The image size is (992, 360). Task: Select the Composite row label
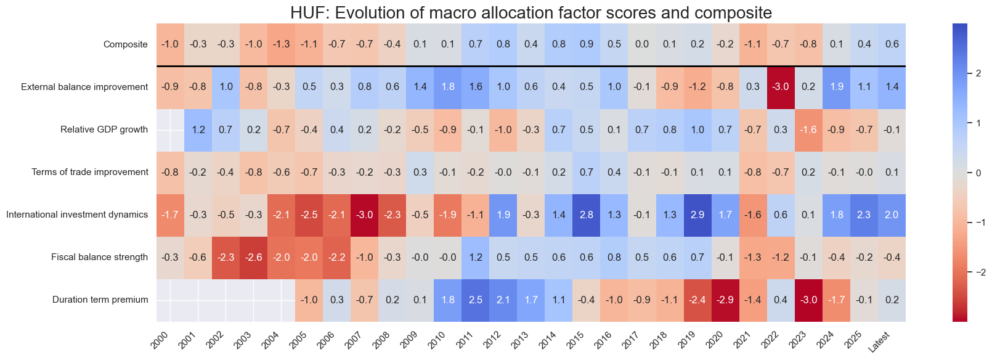tap(126, 44)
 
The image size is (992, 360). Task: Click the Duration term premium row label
tap(100, 300)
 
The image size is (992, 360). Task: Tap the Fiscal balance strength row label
tap(99, 257)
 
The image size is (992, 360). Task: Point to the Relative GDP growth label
tap(104, 129)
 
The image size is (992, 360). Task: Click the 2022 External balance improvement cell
tap(780, 87)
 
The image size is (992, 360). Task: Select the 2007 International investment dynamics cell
tap(365, 215)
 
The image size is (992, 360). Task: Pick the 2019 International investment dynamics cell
tap(697, 215)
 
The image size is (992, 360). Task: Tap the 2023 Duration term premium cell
tap(808, 300)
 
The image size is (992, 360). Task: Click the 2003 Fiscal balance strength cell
tap(253, 257)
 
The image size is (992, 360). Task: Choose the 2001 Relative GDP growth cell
tap(198, 129)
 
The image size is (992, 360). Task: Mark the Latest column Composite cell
tap(892, 44)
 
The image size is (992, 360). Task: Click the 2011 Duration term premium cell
tap(476, 300)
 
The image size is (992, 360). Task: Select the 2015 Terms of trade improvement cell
tap(586, 172)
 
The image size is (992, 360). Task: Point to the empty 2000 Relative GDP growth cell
tap(170, 129)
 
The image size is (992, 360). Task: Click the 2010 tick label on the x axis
tap(439, 340)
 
